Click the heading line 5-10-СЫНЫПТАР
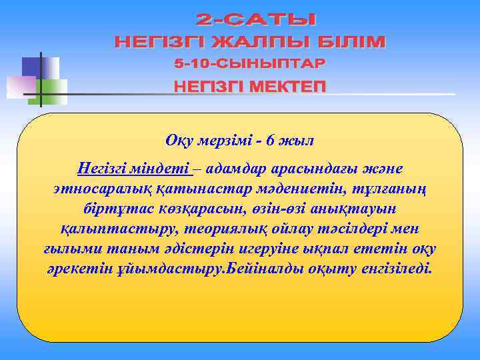coord(250,64)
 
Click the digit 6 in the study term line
coord(269,141)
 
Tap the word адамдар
coord(235,167)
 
